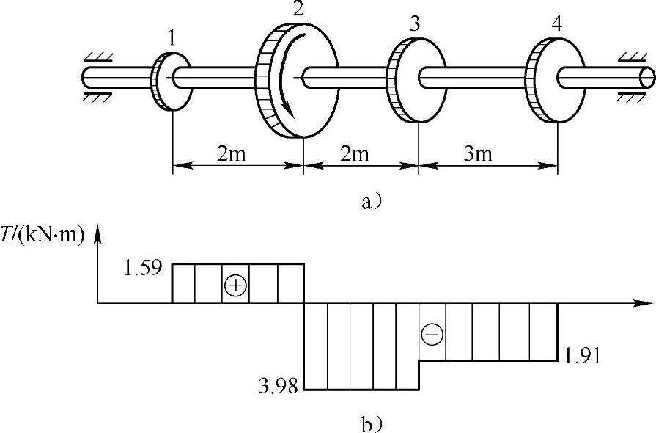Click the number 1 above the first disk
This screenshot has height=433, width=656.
171,39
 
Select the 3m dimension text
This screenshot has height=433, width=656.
480,154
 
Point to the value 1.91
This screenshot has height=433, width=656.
583,357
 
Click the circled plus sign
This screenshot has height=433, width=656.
235,285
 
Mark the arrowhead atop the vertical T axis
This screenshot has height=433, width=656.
97,231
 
